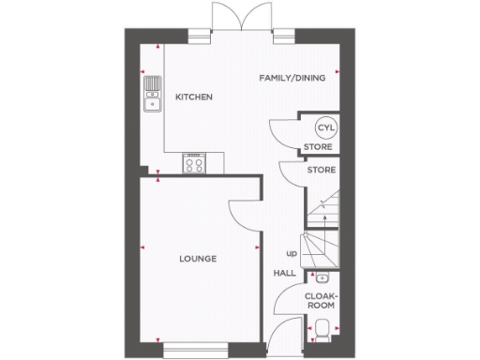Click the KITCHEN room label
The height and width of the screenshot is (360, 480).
coord(194,97)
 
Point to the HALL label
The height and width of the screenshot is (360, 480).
coord(284,273)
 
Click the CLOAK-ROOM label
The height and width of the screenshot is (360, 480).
coord(321,299)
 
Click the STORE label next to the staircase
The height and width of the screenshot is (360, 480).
coord(320,170)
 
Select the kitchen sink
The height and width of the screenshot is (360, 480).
coord(151,95)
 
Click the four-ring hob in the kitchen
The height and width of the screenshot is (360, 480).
coord(195,165)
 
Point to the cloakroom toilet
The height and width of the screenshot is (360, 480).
coord(322,329)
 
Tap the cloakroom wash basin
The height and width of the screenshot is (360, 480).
coord(322,277)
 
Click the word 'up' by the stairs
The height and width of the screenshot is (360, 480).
coord(291,253)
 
